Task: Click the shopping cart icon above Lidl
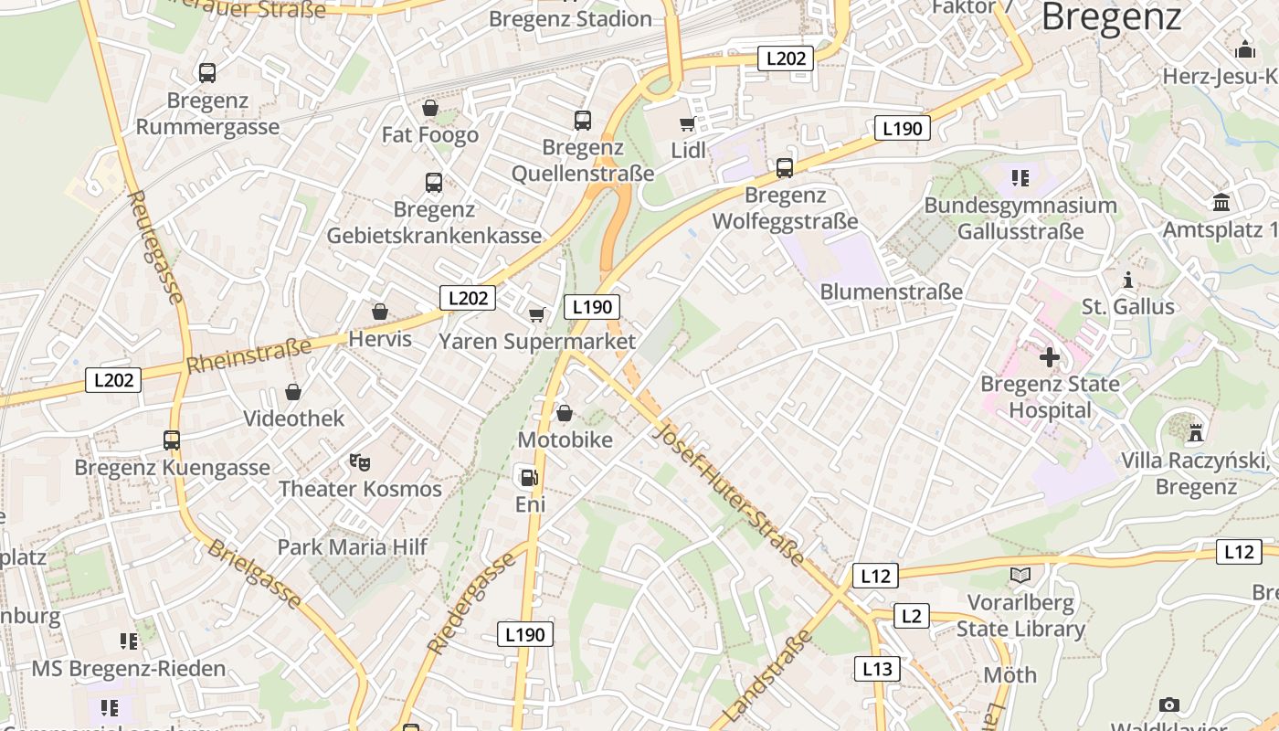pyautogui.click(x=687, y=123)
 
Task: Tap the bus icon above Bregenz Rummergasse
pyautogui.click(x=207, y=73)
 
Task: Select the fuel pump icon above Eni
pyautogui.click(x=529, y=477)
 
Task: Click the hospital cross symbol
pyautogui.click(x=1049, y=356)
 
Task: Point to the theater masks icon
pyautogui.click(x=360, y=462)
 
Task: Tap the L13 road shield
pyautogui.click(x=877, y=669)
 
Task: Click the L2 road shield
pyautogui.click(x=911, y=616)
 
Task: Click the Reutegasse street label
pyautogui.click(x=157, y=247)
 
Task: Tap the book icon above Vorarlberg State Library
pyautogui.click(x=1020, y=576)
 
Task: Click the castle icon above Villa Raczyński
pyautogui.click(x=1195, y=431)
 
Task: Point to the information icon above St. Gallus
pyautogui.click(x=1128, y=280)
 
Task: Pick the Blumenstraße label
pyautogui.click(x=892, y=291)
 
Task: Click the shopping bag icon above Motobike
pyautogui.click(x=565, y=414)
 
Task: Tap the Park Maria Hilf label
pyautogui.click(x=353, y=547)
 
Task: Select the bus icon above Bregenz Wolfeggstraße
pyautogui.click(x=785, y=168)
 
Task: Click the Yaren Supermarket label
pyautogui.click(x=537, y=342)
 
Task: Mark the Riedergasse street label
pyautogui.click(x=471, y=603)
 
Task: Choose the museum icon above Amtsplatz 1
pyautogui.click(x=1221, y=203)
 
